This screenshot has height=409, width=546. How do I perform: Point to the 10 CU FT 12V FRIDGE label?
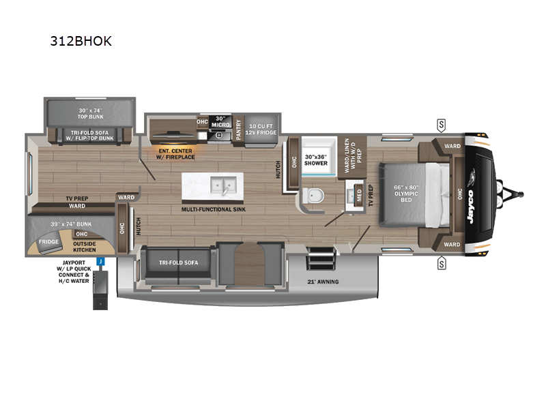click(262, 129)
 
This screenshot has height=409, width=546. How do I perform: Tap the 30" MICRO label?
click(219, 121)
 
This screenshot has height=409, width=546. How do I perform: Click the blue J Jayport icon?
click(100, 261)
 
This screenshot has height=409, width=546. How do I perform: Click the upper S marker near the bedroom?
click(442, 124)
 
